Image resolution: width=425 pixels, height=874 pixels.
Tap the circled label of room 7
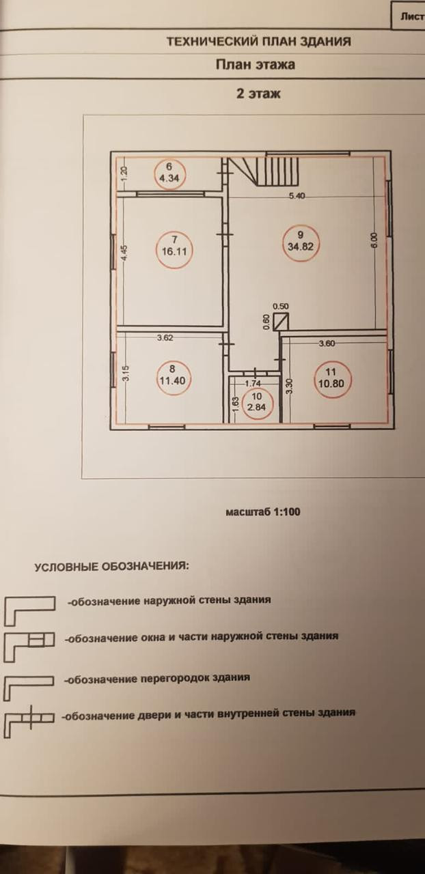point(175,245)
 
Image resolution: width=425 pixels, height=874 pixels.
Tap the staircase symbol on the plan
point(263,171)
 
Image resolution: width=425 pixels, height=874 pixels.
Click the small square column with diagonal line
point(281,322)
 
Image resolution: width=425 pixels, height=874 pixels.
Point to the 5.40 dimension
point(297,196)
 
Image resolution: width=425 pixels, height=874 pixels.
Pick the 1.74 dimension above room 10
point(255,384)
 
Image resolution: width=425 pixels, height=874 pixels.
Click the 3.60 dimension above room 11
point(327,343)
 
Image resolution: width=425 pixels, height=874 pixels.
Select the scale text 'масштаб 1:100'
point(263,511)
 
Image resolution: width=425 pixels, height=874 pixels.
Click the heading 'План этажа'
point(256,66)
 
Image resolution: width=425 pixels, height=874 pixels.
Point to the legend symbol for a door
point(29,722)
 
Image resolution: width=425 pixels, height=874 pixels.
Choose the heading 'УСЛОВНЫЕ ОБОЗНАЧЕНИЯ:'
point(112,567)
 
